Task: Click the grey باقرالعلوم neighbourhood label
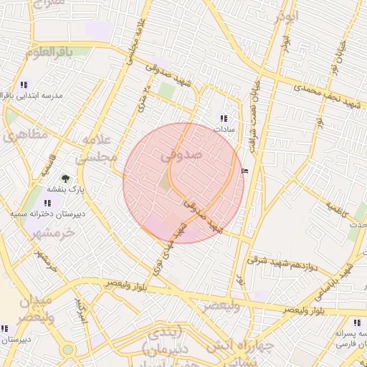pyautogui.click(x=49, y=52)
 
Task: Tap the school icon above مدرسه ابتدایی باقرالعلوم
pyautogui.click(x=24, y=84)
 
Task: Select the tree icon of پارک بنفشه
pyautogui.click(x=67, y=178)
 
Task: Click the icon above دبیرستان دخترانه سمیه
pyautogui.click(x=47, y=203)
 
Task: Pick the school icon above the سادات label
pyautogui.click(x=224, y=118)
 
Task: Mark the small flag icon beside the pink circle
pyautogui.click(x=246, y=171)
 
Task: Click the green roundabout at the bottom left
pyautogui.click(x=68, y=350)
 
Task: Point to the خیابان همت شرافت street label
pyautogui.click(x=253, y=100)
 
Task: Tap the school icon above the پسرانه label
pyautogui.click(x=357, y=323)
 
